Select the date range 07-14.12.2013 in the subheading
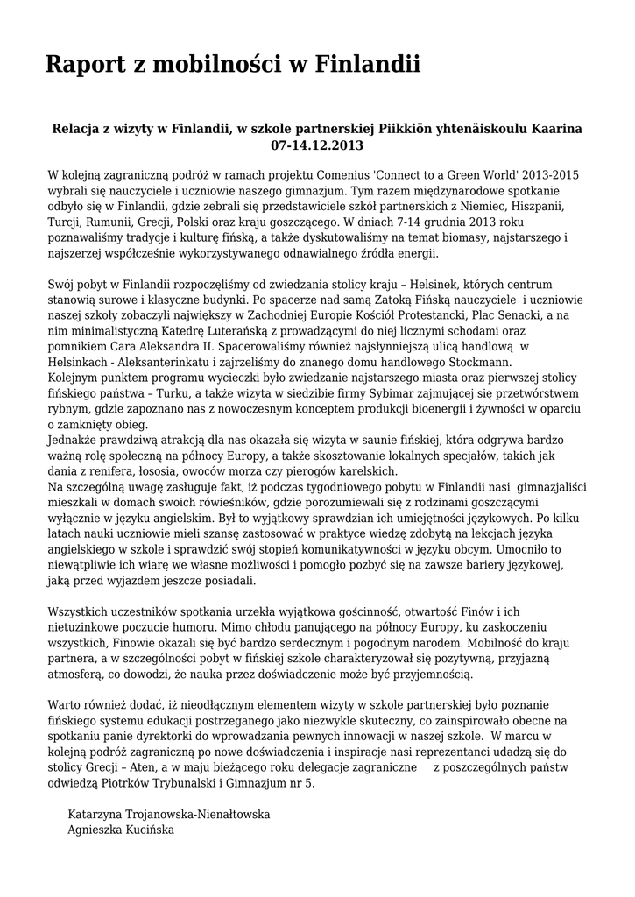(x=317, y=145)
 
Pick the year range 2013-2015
(x=548, y=175)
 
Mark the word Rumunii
(x=111, y=222)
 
